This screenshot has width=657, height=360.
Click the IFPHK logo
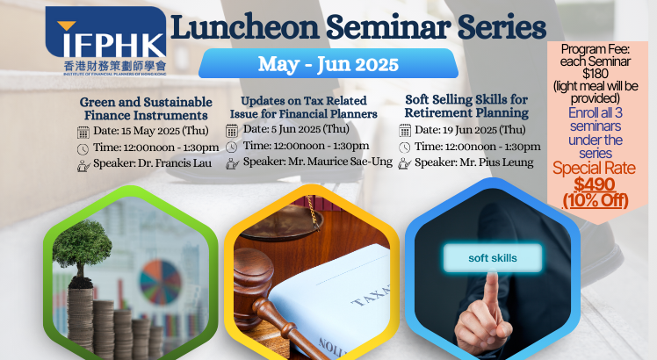106,40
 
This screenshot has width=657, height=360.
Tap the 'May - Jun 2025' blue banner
328,63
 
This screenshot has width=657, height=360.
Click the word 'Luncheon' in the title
245,27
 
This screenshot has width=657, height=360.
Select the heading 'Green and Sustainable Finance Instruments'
146,109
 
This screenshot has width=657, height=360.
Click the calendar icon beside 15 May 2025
83,132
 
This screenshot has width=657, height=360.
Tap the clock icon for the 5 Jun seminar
231,148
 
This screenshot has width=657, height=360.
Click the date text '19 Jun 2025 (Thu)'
484,130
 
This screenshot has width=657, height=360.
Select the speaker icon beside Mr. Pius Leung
404,163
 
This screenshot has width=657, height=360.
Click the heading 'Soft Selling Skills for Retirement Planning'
466,106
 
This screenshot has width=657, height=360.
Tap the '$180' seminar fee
596,74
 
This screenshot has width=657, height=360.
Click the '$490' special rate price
594,184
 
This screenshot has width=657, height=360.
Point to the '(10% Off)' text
595,200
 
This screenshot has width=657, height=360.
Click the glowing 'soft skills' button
493,258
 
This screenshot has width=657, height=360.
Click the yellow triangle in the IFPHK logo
66,26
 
